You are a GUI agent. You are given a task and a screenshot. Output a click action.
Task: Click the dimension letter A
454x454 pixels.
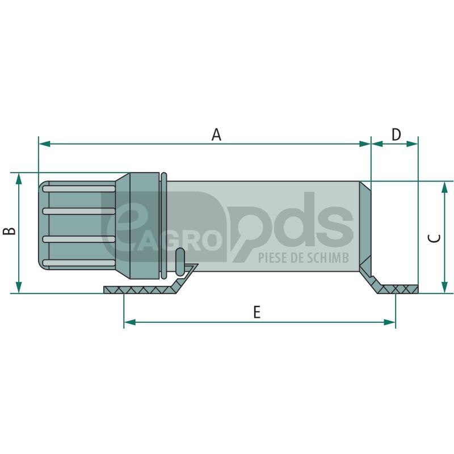pyautogui.click(x=216, y=134)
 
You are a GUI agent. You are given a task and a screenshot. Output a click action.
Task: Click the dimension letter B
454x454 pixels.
pyautogui.click(x=9, y=231)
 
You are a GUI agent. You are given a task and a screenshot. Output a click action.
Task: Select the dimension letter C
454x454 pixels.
pyautogui.click(x=434, y=238)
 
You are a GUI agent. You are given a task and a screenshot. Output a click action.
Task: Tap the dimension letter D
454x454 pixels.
pyautogui.click(x=396, y=134)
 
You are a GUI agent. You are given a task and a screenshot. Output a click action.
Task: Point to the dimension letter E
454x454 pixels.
pyautogui.click(x=257, y=313)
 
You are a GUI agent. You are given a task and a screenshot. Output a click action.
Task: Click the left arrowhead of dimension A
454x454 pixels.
pyautogui.click(x=44, y=144)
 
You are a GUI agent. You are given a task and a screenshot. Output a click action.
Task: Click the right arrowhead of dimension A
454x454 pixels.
pyautogui.click(x=365, y=144)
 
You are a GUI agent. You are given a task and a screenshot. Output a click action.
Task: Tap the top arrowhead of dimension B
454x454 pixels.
pyautogui.click(x=19, y=179)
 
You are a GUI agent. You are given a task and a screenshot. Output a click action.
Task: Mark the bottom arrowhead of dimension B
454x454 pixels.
pyautogui.click(x=19, y=287)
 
